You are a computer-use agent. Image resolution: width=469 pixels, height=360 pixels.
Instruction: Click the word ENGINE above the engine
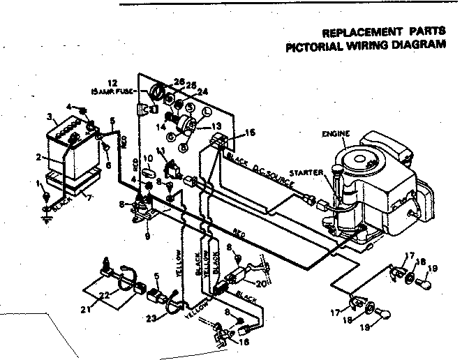336,133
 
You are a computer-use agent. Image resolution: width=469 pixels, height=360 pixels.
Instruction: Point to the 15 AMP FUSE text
112,91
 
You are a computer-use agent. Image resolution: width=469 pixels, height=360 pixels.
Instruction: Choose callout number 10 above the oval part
147,158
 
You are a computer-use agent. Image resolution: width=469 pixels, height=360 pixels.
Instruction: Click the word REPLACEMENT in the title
355,33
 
